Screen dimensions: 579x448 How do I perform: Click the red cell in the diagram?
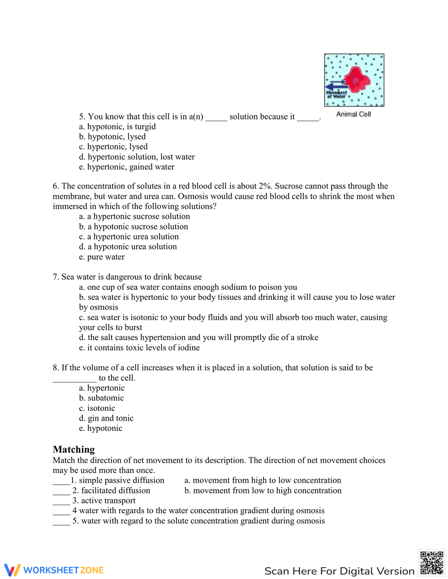pyautogui.click(x=356, y=80)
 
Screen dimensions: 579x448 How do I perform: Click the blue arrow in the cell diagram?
pyautogui.click(x=335, y=86)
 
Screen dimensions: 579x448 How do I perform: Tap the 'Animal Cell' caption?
pyautogui.click(x=353, y=114)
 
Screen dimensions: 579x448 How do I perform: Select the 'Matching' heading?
pyautogui.click(x=74, y=449)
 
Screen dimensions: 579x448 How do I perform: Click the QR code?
pyautogui.click(x=432, y=563)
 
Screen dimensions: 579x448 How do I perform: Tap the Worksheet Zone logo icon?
pyautogui.click(x=13, y=570)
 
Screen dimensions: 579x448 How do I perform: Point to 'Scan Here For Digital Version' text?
pyautogui.click(x=339, y=571)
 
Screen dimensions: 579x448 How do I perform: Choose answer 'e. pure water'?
pyautogui.click(x=102, y=257)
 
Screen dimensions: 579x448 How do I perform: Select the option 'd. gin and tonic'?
pyautogui.click(x=106, y=418)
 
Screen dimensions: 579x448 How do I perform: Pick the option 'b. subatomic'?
pyautogui.click(x=101, y=398)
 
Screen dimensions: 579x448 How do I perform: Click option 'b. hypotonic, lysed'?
pyautogui.click(x=112, y=136)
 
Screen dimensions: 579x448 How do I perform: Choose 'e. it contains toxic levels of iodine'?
pyautogui.click(x=139, y=347)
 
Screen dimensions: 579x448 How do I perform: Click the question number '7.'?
pyautogui.click(x=56, y=277)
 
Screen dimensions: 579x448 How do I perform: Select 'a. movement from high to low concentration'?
pyautogui.click(x=263, y=480)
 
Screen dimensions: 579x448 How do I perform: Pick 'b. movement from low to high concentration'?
pyautogui.click(x=263, y=490)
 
